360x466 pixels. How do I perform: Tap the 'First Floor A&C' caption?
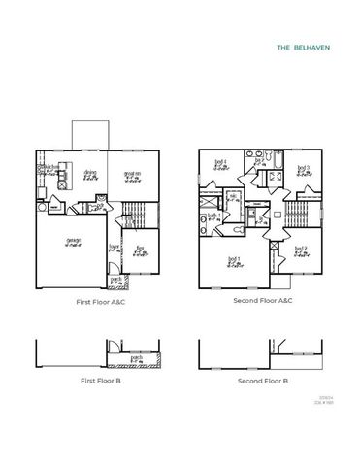[102, 302]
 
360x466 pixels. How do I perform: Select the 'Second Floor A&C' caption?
[263, 302]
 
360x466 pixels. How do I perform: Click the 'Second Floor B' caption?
[263, 382]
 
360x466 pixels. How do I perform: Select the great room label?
[132, 175]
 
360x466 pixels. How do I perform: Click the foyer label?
[115, 247]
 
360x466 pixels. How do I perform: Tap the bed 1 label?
[233, 259]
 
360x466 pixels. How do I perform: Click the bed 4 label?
[220, 163]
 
